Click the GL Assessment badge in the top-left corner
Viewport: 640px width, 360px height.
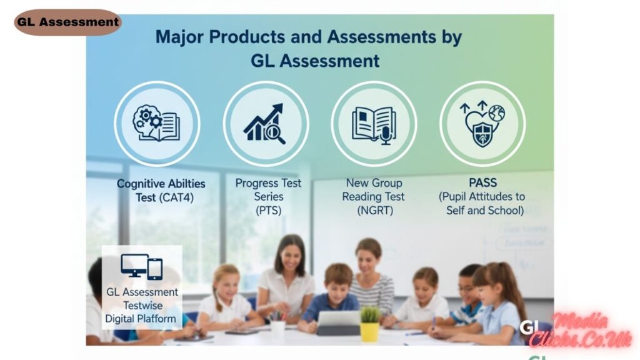tap(67, 22)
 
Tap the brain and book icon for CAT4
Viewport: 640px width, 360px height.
tap(156, 123)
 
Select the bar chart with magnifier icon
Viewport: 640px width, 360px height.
tap(265, 123)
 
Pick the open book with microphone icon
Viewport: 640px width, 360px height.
tap(374, 123)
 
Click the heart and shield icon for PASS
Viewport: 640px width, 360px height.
tap(482, 123)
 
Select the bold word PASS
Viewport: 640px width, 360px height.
tap(482, 183)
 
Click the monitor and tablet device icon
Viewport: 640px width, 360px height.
tap(142, 267)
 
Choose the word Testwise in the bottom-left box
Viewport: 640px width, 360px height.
tap(142, 305)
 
